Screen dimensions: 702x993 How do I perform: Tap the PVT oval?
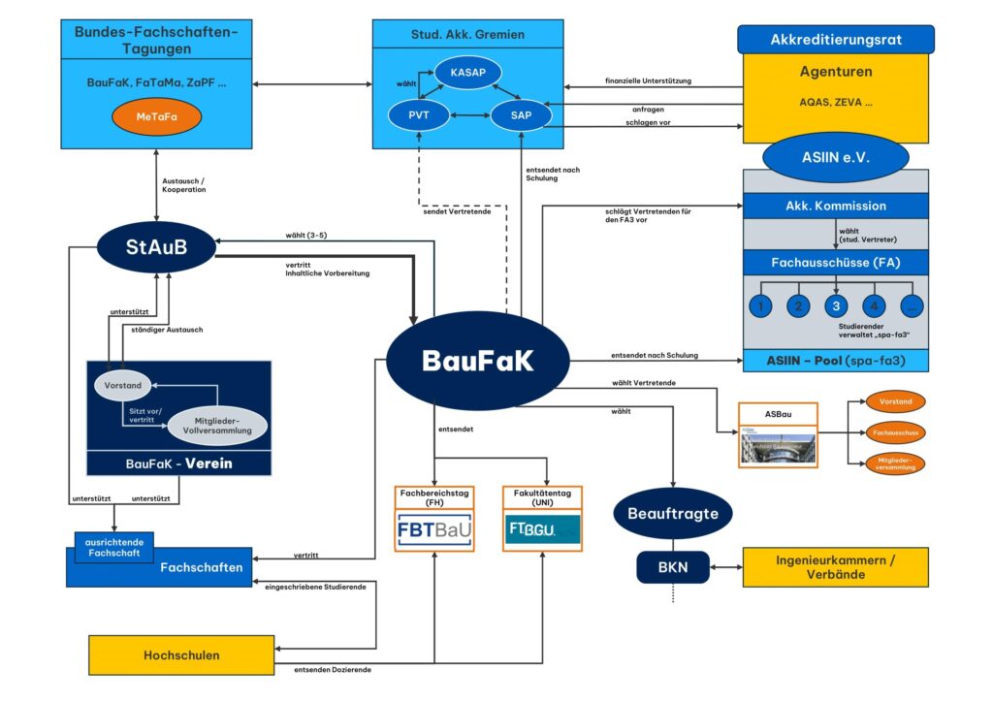click(x=419, y=116)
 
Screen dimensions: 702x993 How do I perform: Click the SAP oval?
click(x=521, y=116)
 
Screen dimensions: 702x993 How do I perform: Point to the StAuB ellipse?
click(x=155, y=246)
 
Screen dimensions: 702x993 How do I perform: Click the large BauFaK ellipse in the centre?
click(x=478, y=360)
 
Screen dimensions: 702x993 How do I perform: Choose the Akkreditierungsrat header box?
click(x=836, y=40)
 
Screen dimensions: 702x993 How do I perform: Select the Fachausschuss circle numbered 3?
click(x=837, y=306)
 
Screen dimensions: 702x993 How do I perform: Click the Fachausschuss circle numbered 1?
click(x=761, y=306)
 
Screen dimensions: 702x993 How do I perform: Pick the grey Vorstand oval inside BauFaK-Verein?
click(x=125, y=386)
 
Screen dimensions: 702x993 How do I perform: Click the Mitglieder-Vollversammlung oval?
click(x=217, y=423)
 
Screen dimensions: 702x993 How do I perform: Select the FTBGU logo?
click(x=542, y=529)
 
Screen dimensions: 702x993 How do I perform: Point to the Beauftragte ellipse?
click(x=672, y=513)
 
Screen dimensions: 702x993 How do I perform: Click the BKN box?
click(x=673, y=567)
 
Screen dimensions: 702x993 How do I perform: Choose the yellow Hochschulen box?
click(x=181, y=655)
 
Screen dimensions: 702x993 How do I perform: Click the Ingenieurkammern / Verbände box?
click(x=835, y=566)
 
